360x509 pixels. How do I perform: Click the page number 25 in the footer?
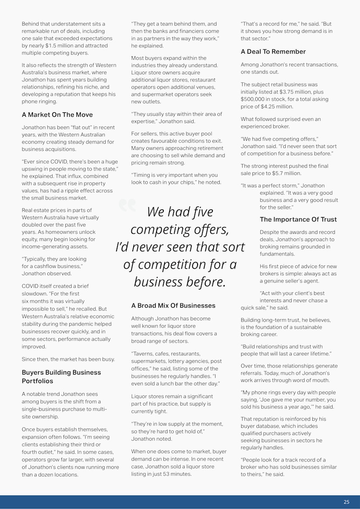[346, 502]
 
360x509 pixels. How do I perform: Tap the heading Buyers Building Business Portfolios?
[61, 376]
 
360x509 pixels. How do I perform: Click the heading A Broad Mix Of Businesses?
[173, 305]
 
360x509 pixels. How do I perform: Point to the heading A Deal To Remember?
[273, 52]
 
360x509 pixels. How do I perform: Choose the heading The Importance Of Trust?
[298, 219]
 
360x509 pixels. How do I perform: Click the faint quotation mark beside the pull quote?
[127, 205]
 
